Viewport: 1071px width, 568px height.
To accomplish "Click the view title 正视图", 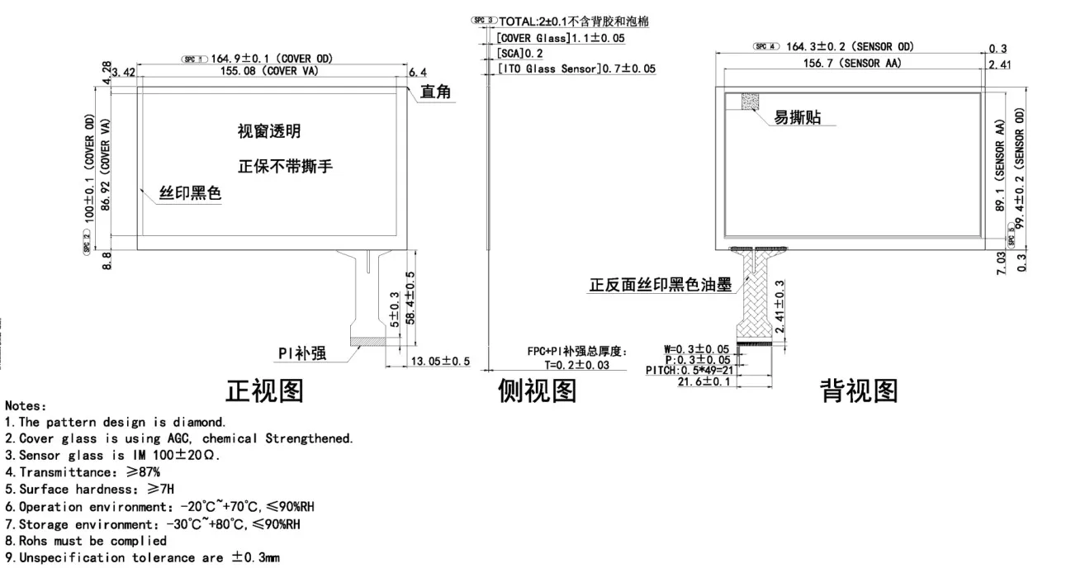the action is click(x=264, y=390).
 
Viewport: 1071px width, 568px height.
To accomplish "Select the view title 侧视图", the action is click(x=537, y=390).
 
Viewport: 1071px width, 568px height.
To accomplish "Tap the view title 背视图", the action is click(x=858, y=390).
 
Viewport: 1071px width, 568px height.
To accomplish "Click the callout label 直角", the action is click(x=435, y=92).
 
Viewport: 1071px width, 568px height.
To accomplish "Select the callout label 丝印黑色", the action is click(x=191, y=194).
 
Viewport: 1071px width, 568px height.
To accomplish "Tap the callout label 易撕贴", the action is click(x=797, y=118).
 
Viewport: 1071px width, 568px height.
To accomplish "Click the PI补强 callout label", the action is click(x=301, y=353).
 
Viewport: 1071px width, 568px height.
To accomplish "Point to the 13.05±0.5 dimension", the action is click(x=440, y=361).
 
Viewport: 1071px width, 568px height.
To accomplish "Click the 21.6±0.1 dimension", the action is click(x=704, y=381).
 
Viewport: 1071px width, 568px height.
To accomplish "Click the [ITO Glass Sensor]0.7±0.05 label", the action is click(x=576, y=69).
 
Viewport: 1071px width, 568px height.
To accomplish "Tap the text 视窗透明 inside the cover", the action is click(x=268, y=131).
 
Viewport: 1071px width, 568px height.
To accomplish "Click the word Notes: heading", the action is click(x=26, y=405).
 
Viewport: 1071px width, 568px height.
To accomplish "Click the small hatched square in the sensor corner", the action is click(x=751, y=101).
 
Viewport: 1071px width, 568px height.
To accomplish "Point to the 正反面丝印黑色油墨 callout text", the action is click(x=660, y=285).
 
